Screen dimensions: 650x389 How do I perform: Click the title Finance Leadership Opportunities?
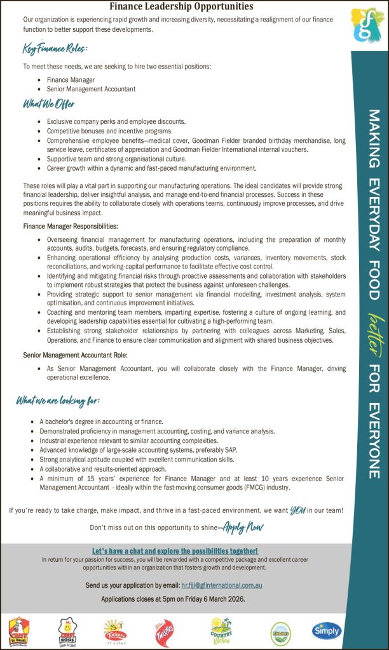[181, 6]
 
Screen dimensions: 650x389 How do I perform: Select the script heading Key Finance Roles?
[55, 48]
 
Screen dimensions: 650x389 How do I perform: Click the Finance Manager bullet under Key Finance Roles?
[71, 80]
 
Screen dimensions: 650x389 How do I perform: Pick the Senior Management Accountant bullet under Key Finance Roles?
[91, 89]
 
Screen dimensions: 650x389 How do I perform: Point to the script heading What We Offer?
[49, 104]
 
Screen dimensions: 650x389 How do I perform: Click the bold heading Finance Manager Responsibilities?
[70, 226]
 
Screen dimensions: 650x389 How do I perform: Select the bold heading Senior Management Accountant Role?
[75, 355]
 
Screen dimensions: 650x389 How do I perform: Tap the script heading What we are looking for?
[58, 401]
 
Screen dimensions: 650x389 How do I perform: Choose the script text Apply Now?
[243, 527]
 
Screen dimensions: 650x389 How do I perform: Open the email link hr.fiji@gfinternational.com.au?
[221, 585]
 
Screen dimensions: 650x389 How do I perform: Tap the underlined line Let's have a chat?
[175, 550]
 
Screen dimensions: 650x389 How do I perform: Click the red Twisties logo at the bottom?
[164, 632]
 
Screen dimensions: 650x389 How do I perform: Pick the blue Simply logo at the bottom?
[327, 630]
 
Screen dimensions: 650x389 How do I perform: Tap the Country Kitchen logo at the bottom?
[221, 631]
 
